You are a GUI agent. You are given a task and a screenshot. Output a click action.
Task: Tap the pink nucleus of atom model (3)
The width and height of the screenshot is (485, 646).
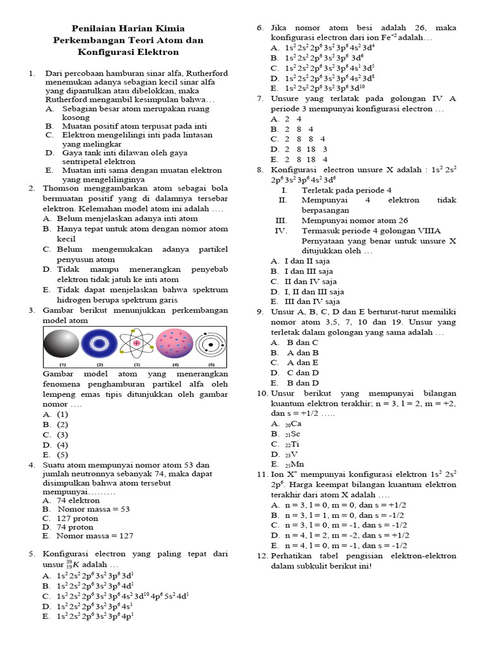pos(136,343)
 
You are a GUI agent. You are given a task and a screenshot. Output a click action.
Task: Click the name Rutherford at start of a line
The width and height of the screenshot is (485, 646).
pos(68,100)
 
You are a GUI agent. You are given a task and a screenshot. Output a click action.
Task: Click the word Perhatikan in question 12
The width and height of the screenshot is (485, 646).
pos(292,556)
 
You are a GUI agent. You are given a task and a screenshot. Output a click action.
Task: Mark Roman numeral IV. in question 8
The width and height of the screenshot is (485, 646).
pos(281,231)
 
